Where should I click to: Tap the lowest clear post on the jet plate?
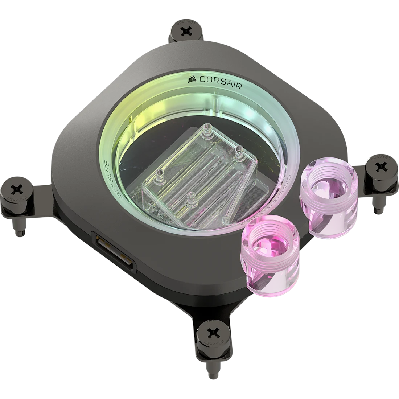click(188, 199)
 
